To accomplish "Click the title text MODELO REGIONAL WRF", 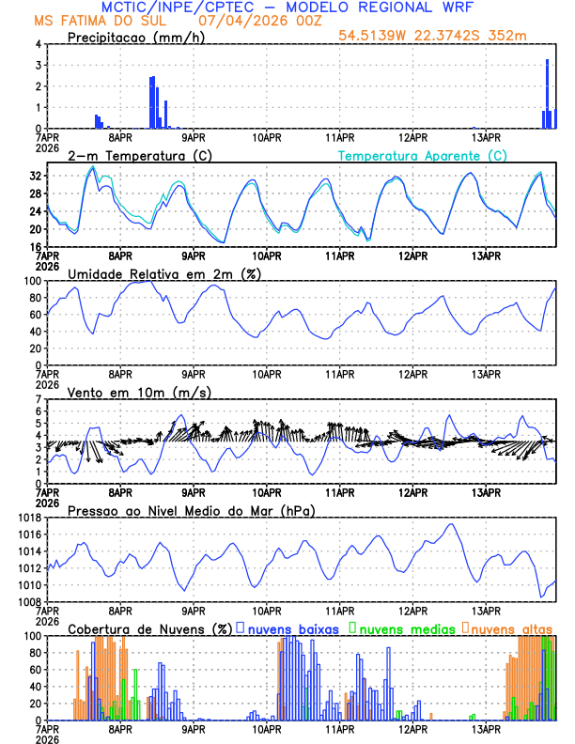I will point(384,7).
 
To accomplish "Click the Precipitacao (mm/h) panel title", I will point(131,37).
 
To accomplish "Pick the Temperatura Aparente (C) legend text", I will point(422,155).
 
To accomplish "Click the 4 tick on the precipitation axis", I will point(38,44).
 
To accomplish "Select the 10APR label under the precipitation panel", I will point(267,136).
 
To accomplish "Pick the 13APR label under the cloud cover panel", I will point(486,728).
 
